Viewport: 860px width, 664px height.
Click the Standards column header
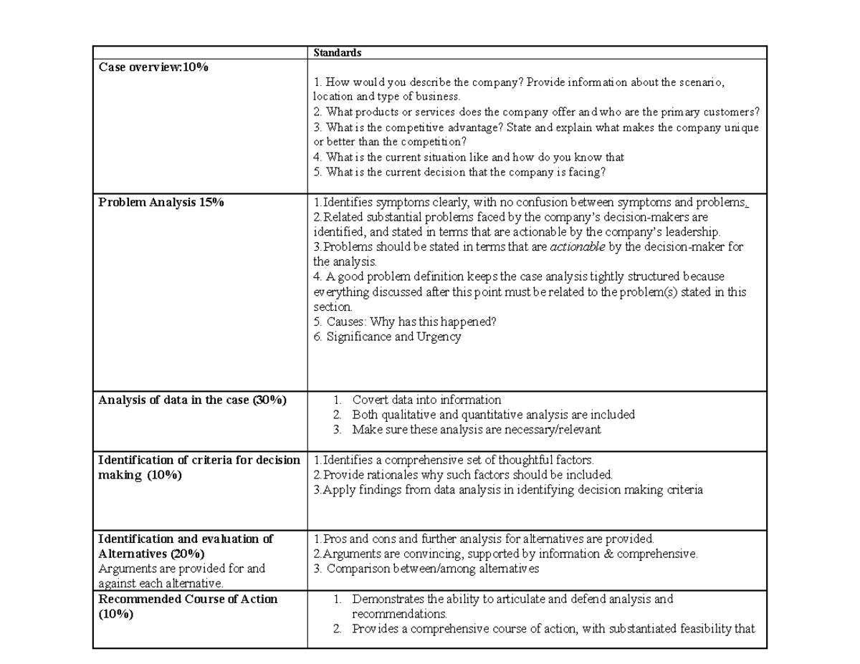click(x=337, y=53)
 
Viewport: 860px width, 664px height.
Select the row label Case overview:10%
click(x=153, y=67)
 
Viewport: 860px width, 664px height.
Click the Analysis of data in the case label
click(x=192, y=400)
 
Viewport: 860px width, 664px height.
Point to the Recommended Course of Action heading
click(x=188, y=599)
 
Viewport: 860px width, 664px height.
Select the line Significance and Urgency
click(x=387, y=337)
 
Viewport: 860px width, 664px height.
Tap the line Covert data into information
click(x=426, y=400)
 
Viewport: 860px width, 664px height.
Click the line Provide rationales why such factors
click(x=463, y=475)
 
